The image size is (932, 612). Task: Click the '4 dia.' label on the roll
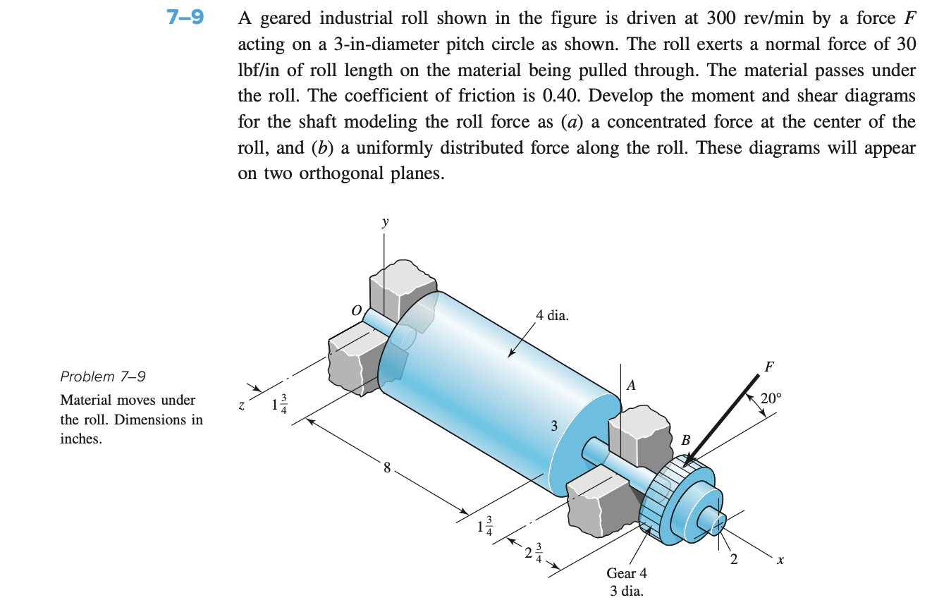click(552, 316)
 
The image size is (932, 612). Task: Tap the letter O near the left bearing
click(357, 310)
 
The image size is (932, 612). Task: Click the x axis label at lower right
click(780, 561)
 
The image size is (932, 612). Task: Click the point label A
click(632, 385)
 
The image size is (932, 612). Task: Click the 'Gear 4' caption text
click(626, 573)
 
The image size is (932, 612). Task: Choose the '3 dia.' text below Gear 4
click(626, 591)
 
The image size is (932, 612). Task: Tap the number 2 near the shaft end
click(735, 561)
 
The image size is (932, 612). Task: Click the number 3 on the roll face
click(554, 425)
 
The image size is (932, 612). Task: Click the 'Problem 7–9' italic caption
click(103, 376)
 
